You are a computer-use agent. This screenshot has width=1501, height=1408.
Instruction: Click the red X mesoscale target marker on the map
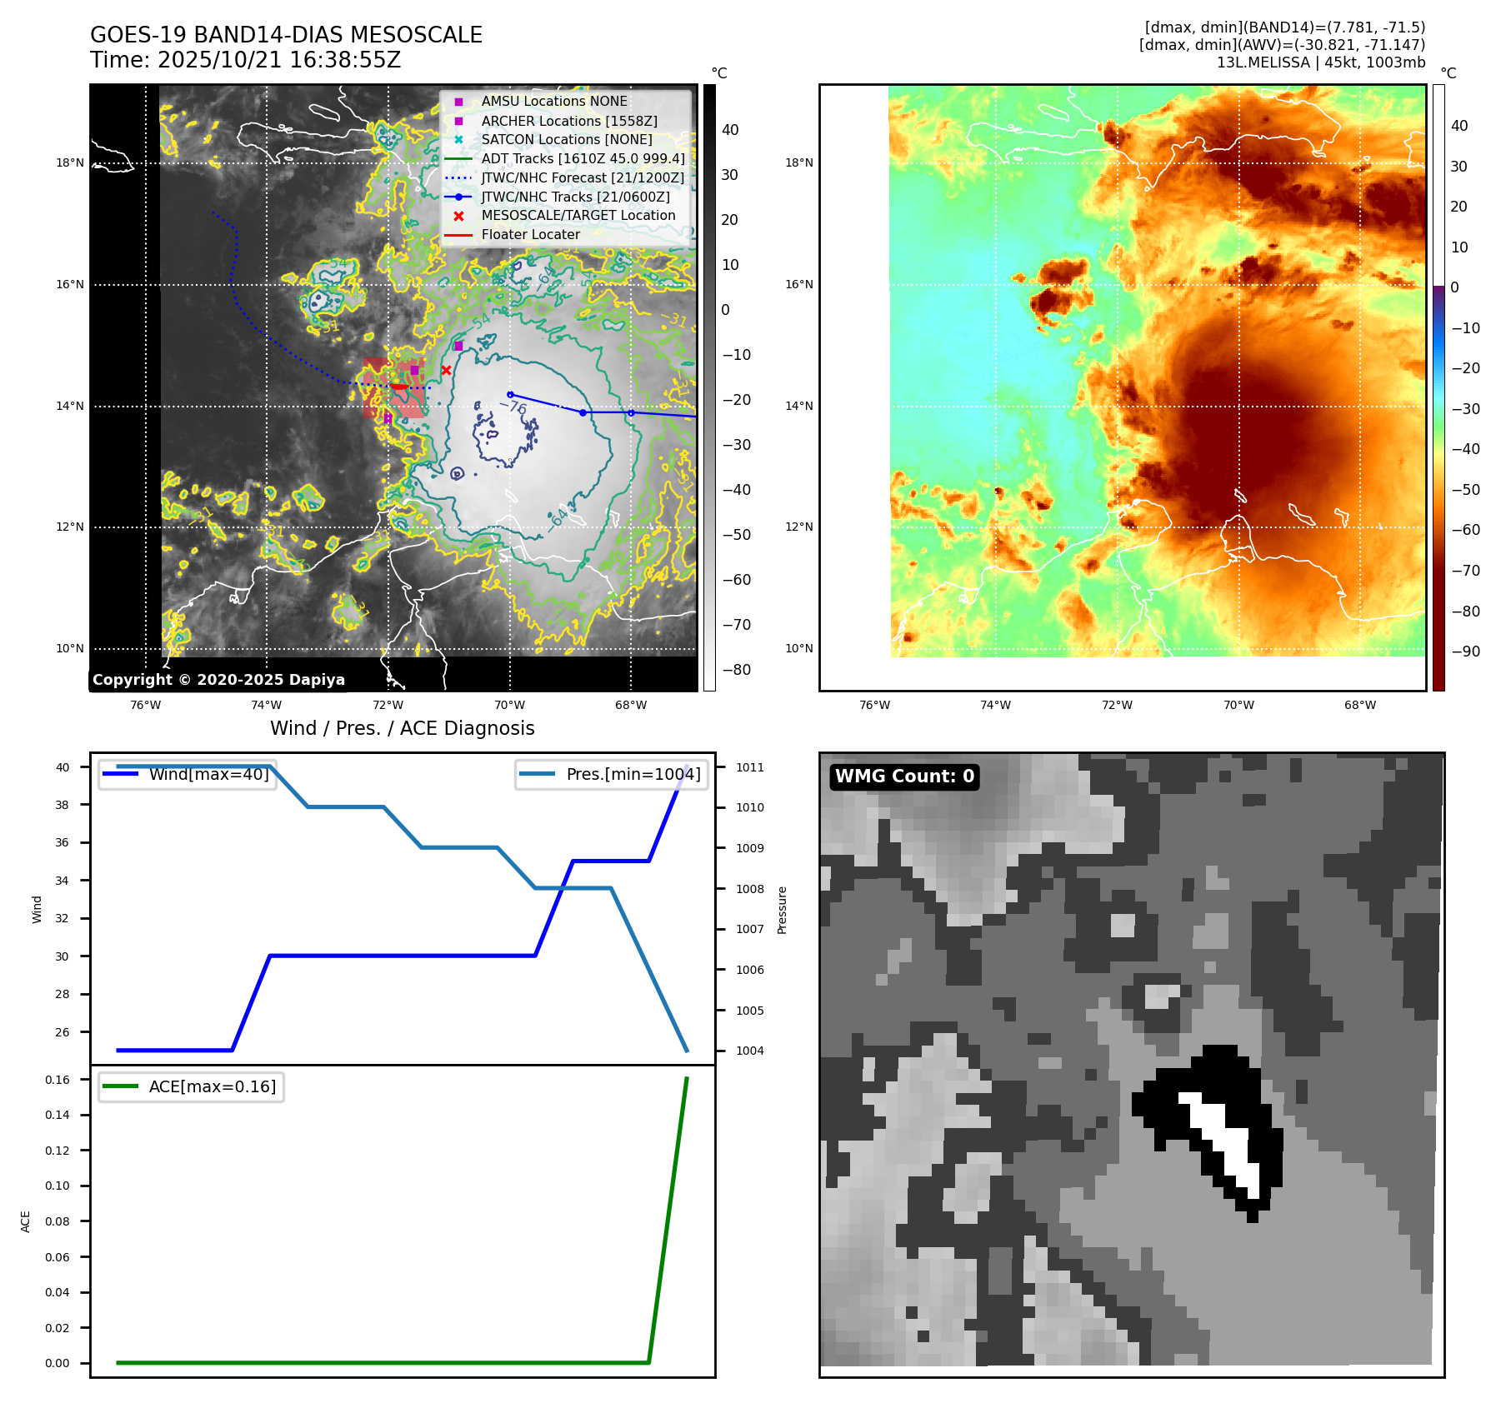pos(447,370)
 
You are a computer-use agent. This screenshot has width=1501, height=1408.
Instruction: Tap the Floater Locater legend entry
pos(530,234)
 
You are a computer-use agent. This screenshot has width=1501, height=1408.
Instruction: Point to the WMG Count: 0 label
pos(904,776)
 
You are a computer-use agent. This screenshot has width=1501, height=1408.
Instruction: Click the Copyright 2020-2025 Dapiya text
pos(218,680)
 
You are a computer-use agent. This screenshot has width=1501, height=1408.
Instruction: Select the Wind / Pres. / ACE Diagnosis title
pos(402,728)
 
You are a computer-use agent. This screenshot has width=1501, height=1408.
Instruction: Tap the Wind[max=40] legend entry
pos(208,774)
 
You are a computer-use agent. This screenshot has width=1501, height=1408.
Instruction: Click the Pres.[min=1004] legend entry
pos(633,774)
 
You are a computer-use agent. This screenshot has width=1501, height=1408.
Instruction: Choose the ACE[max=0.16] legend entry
pos(212,1086)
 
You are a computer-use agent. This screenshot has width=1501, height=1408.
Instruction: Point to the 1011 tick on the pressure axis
pos(749,767)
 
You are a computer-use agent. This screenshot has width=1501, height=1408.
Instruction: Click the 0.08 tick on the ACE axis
pos(58,1221)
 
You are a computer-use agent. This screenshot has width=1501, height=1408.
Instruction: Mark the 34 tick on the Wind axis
pos(63,881)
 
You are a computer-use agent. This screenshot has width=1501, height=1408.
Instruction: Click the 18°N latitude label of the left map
pos(70,162)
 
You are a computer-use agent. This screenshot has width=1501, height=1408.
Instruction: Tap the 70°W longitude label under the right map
pos(1238,705)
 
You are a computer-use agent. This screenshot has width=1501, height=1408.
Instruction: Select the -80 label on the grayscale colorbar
pos(736,670)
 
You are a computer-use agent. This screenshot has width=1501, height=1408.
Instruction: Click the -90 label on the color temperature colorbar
pos(1465,652)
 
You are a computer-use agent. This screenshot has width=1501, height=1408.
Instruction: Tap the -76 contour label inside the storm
pos(513,407)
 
